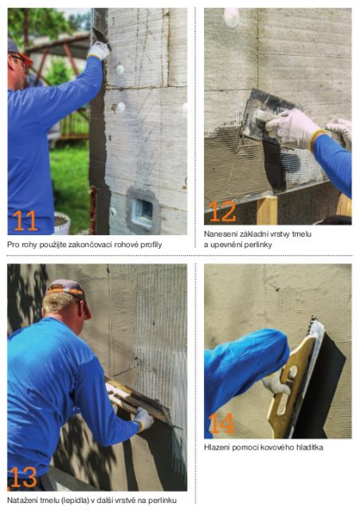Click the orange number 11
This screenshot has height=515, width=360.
pyautogui.click(x=25, y=220)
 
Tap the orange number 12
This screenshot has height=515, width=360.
pyautogui.click(x=222, y=211)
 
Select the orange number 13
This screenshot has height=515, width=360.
pyautogui.click(x=23, y=477)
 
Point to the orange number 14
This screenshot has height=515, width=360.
pyautogui.click(x=221, y=423)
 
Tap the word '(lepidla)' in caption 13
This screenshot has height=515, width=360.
pyautogui.click(x=75, y=501)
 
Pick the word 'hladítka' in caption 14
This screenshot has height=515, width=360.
pyautogui.click(x=310, y=447)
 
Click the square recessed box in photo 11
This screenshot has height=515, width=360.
pyautogui.click(x=143, y=210)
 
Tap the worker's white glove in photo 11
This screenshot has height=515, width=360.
pyautogui.click(x=98, y=50)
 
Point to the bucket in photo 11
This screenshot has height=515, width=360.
pyautogui.click(x=61, y=224)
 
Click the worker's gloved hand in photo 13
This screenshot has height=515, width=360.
pyautogui.click(x=143, y=419)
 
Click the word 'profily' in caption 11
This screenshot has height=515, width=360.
pyautogui.click(x=151, y=245)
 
